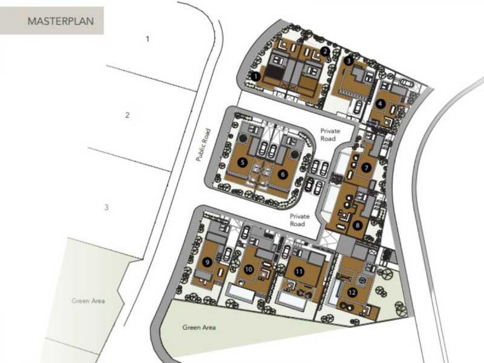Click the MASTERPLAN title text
[61, 21]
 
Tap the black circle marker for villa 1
[256, 77]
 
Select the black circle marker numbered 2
[325, 52]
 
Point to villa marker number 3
[348, 61]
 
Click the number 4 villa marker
[380, 104]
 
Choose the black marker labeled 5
[242, 163]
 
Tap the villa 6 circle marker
[283, 174]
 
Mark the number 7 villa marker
[366, 168]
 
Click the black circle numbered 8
[357, 225]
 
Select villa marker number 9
[207, 262]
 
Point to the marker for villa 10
[249, 269]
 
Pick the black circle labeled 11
[299, 271]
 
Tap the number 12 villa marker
[352, 293]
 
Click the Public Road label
[203, 145]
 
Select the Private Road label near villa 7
[330, 135]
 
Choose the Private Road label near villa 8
[299, 220]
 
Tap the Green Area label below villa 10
[199, 327]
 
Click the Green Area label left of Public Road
[88, 301]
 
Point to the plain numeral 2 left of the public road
[127, 115]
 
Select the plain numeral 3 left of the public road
[106, 207]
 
